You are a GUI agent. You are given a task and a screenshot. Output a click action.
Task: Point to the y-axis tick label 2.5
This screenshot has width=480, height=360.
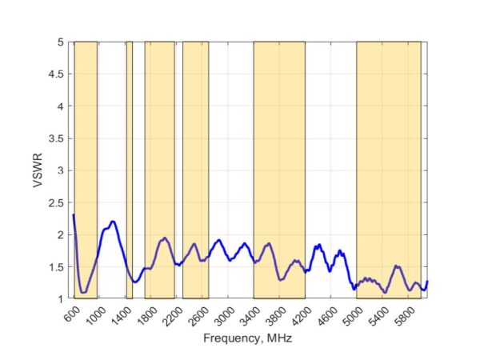58,202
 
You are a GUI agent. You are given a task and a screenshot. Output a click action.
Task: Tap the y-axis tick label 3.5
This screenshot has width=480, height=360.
58,138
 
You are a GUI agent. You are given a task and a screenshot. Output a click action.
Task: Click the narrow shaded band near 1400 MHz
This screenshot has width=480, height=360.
130,170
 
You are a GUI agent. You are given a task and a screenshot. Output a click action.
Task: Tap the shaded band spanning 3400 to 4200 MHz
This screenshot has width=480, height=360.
279,170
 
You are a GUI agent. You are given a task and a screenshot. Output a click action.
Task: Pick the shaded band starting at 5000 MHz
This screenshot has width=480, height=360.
388,170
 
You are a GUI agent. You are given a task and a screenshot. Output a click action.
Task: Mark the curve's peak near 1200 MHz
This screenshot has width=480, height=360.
113,222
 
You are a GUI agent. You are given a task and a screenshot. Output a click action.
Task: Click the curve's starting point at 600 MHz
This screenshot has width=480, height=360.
74,214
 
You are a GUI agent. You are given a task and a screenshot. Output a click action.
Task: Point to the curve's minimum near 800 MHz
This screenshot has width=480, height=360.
83,292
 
